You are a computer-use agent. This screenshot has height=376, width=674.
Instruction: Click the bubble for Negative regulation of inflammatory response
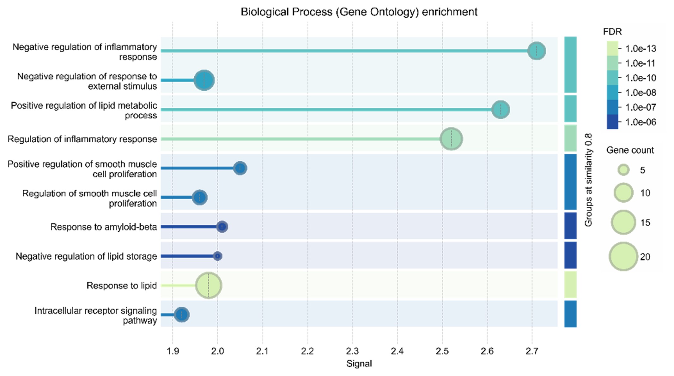[x=536, y=51]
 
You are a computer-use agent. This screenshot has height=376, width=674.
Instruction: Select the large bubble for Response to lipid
[x=209, y=285]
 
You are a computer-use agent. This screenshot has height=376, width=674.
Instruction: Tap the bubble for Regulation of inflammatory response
[x=451, y=139]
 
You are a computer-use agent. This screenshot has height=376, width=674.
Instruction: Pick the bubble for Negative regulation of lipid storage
[x=217, y=256]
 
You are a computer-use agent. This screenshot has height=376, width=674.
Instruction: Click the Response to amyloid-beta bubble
[x=222, y=227]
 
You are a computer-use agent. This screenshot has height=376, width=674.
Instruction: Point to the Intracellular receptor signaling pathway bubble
[x=182, y=314]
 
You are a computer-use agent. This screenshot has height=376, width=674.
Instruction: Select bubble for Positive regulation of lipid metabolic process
[x=501, y=110]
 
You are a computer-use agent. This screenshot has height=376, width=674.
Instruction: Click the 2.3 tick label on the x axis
[x=352, y=351]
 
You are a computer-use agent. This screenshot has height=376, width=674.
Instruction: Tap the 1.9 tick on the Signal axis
[x=173, y=351]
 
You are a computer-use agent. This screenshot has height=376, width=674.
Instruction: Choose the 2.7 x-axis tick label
[x=532, y=351]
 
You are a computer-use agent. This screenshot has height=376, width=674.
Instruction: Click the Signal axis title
[x=359, y=364]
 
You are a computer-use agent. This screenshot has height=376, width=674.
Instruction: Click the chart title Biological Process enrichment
[x=359, y=12]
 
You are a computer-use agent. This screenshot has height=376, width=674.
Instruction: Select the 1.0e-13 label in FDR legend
[x=641, y=49]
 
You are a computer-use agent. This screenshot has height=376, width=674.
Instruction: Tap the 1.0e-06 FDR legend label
[x=641, y=122]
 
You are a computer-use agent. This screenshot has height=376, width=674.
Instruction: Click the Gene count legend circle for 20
[x=623, y=256]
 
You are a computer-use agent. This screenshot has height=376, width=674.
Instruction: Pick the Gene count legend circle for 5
[x=623, y=170]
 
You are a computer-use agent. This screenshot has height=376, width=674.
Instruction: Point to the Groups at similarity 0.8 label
[x=588, y=180]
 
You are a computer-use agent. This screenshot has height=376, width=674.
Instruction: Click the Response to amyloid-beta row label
[x=103, y=227]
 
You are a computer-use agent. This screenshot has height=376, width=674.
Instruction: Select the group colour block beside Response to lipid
[x=570, y=285]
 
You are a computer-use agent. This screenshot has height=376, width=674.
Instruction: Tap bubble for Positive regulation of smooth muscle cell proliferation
[x=240, y=168]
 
